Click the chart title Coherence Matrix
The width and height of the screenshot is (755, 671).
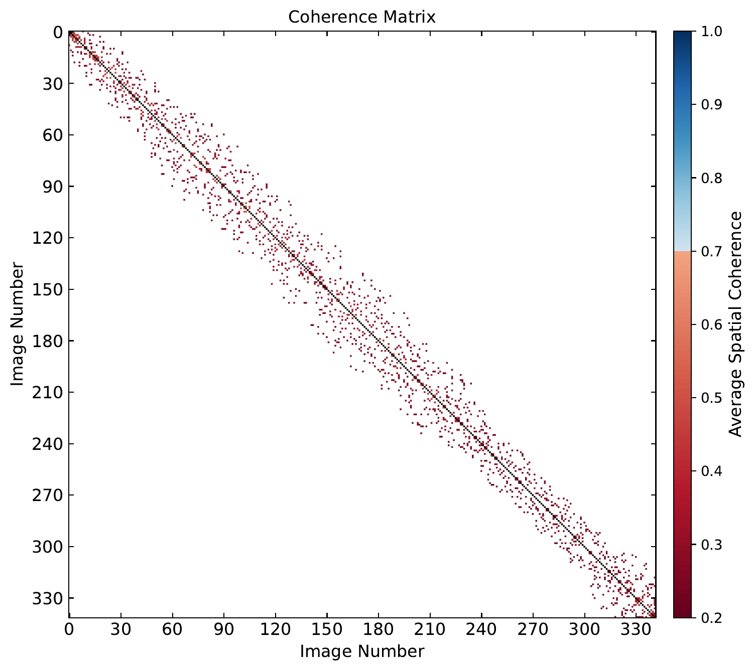[361, 17]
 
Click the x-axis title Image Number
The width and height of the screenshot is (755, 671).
[361, 651]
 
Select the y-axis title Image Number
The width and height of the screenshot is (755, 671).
[18, 324]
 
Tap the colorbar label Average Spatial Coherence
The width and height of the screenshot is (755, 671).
[735, 324]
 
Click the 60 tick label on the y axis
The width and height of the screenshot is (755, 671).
[49, 135]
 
